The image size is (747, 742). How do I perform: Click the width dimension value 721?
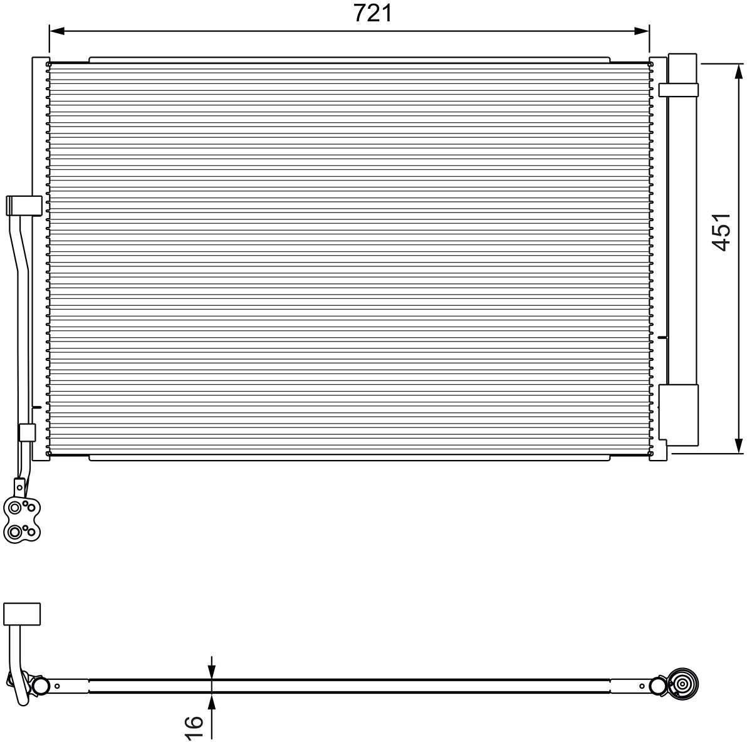pos(372,13)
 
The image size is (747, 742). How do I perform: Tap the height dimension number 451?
pos(721,232)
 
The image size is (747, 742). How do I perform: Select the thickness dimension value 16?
pos(194,728)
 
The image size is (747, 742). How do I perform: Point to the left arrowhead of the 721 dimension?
pos(56,31)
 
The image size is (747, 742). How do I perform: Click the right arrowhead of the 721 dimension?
pos(642,31)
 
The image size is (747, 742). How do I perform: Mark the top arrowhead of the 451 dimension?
pos(739,72)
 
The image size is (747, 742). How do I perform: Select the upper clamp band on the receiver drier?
pos(679,90)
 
